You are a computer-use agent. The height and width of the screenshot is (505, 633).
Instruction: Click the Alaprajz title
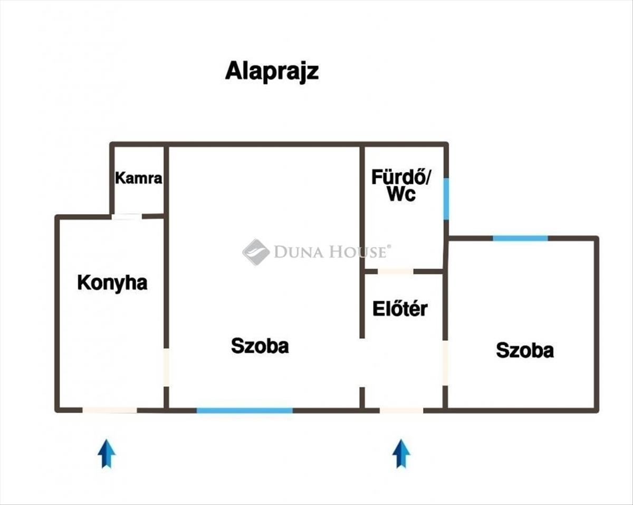(272, 71)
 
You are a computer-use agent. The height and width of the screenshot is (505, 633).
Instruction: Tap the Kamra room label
(139, 178)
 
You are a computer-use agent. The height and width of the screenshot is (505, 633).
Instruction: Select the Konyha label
(112, 283)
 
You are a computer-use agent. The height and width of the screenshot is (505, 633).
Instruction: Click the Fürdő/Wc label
(401, 185)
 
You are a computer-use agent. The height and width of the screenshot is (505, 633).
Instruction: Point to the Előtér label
(400, 309)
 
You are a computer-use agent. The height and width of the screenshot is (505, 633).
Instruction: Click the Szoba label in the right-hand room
(525, 350)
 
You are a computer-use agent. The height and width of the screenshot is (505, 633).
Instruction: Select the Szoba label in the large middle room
(260, 346)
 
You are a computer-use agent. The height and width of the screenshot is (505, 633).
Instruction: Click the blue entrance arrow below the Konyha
(107, 453)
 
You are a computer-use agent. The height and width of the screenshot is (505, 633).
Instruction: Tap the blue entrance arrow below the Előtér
(401, 453)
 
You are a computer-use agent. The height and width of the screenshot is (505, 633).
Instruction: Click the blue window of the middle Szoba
(245, 410)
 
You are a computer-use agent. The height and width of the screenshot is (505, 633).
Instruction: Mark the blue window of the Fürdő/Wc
(446, 199)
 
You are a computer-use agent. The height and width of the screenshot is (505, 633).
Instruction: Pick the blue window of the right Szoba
(521, 238)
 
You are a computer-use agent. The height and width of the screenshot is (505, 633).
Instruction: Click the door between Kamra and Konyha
(127, 216)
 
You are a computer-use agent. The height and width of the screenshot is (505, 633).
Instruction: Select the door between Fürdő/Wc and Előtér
(396, 272)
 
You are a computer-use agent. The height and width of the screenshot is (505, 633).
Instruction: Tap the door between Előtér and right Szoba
(445, 363)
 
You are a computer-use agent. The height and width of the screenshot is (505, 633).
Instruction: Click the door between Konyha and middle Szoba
(166, 367)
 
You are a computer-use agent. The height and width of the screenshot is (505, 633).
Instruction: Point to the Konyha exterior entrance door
(110, 410)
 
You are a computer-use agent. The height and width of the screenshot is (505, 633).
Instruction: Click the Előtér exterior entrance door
(401, 410)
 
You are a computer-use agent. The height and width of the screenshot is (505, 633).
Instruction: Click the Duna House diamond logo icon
(256, 252)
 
